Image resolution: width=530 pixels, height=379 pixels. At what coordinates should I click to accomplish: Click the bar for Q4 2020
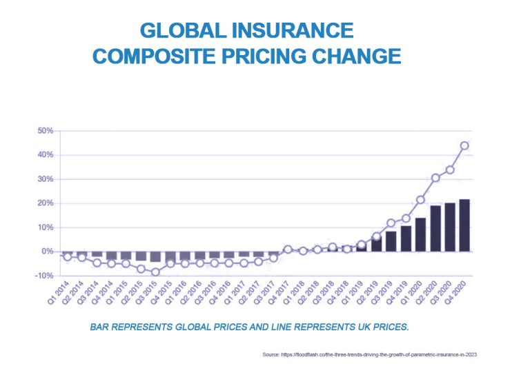(x=464, y=225)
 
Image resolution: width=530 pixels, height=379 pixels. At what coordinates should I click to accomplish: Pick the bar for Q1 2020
(x=421, y=234)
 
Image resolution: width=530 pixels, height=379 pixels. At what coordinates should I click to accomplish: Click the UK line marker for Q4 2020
(x=464, y=145)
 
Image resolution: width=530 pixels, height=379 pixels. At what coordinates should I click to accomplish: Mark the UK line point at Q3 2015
(x=155, y=272)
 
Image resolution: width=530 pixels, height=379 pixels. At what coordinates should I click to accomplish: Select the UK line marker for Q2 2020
(x=435, y=178)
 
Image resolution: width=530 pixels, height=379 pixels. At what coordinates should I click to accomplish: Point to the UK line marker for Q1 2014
(x=67, y=256)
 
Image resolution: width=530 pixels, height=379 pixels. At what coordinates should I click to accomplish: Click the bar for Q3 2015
(x=155, y=256)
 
